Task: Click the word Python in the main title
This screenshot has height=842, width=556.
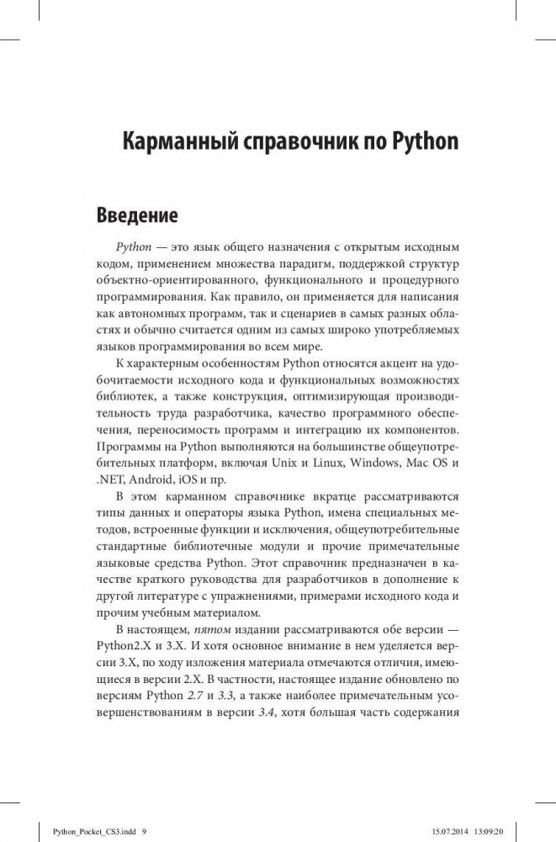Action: [425, 141]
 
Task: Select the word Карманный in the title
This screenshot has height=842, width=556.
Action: [173, 141]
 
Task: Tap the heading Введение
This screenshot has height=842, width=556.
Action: [137, 215]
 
